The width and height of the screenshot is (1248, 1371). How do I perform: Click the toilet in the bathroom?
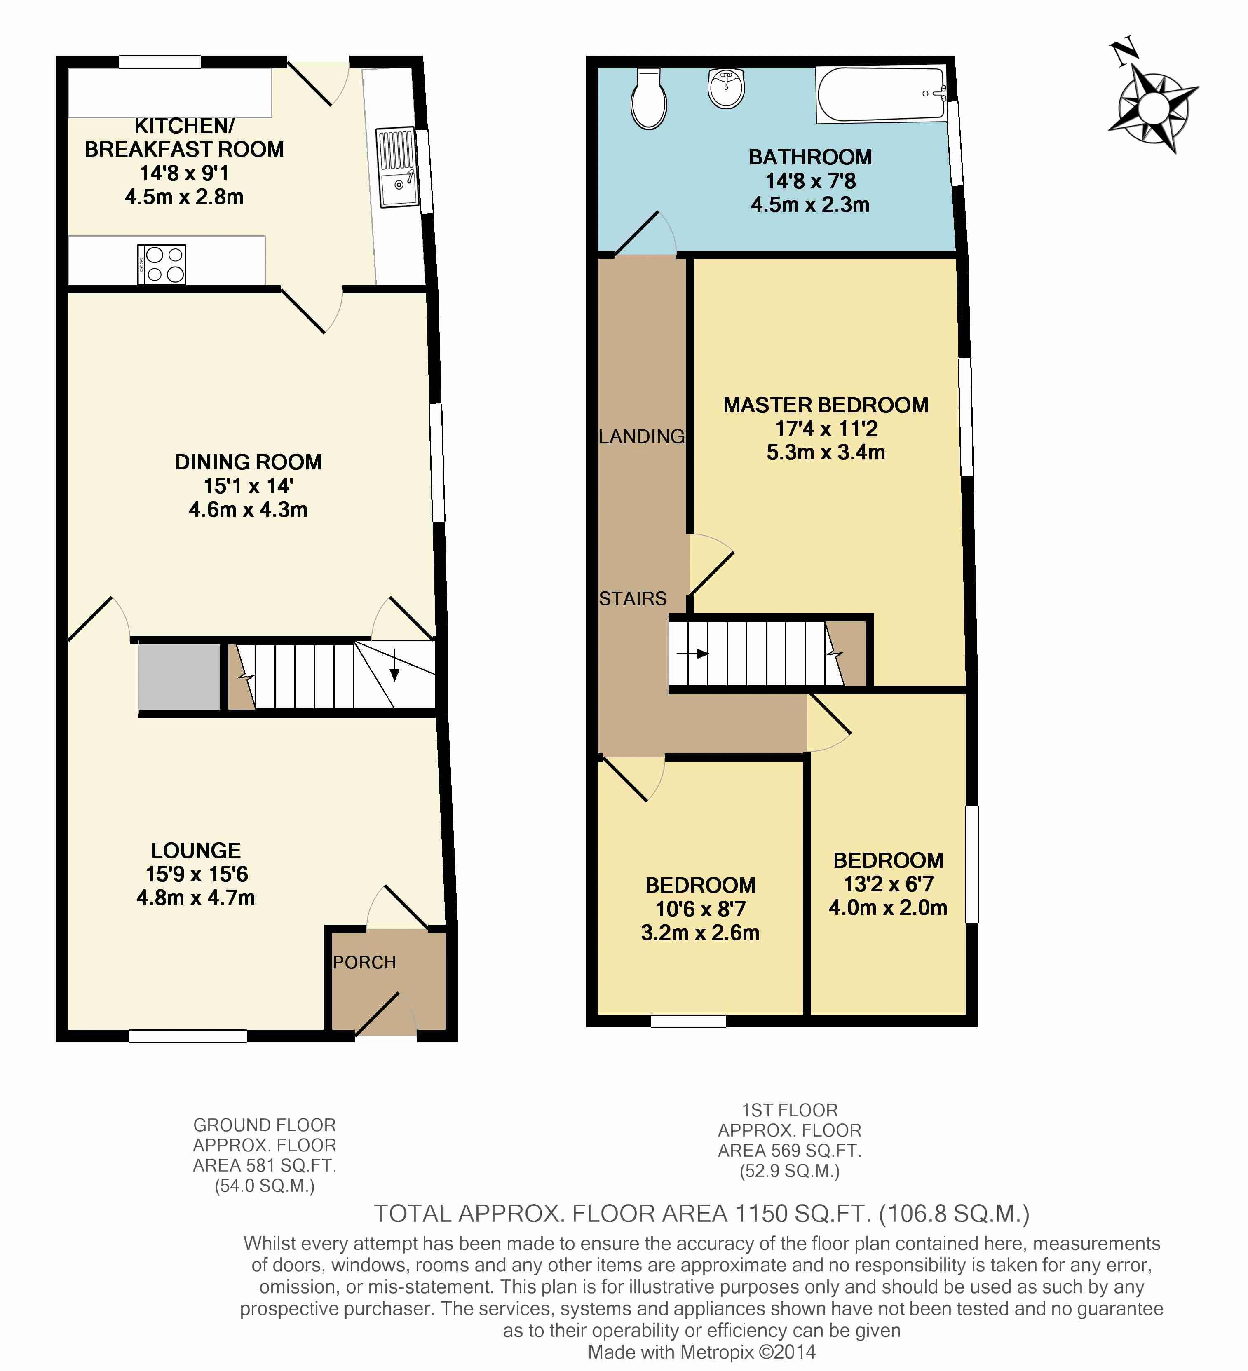coord(649,98)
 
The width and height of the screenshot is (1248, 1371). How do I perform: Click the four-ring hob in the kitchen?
coord(162,264)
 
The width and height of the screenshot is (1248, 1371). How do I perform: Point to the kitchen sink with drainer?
coord(397,166)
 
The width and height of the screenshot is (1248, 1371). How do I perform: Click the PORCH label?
coord(364,962)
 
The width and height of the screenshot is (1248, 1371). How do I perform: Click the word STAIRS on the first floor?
coord(633,598)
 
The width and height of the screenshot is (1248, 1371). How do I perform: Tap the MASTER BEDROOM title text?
coord(826,405)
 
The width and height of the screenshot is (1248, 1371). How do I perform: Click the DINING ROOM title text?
coord(248,462)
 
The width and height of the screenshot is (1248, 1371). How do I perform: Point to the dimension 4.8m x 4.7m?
coord(196,898)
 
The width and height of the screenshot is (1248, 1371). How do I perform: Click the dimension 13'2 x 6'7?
coord(888,884)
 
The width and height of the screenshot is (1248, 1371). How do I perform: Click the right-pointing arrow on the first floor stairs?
coord(693,654)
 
